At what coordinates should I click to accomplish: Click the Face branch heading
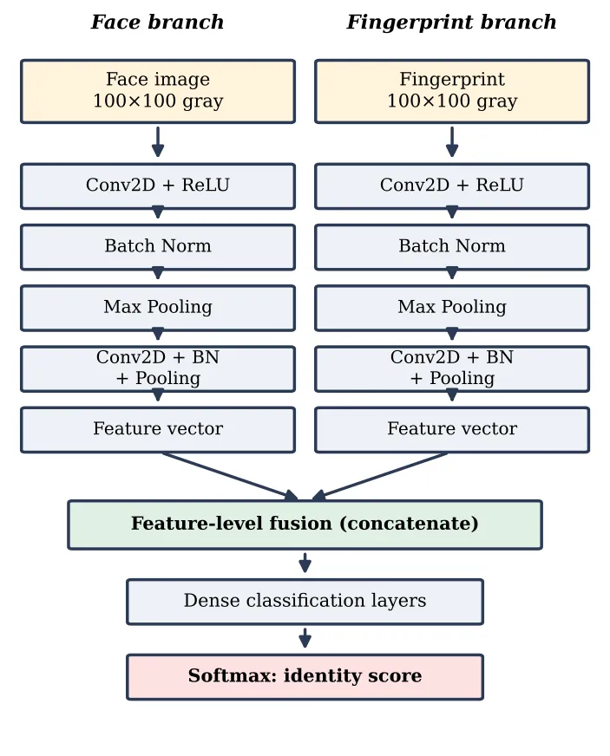point(157,23)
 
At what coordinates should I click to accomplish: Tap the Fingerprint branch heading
point(452,23)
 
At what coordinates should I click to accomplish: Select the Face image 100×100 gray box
point(158,91)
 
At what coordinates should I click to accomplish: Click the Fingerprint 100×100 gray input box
point(452,91)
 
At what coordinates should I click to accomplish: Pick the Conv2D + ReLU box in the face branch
point(158,186)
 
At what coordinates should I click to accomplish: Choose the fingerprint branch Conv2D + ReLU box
point(452,186)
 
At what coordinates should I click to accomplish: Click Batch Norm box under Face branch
point(158,247)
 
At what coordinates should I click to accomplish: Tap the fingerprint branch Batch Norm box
point(452,247)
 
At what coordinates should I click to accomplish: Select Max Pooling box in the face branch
point(158,308)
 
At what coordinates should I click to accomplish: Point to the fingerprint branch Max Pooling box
point(452,308)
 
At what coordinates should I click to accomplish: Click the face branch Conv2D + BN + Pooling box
point(158,368)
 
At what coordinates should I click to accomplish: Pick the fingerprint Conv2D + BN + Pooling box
point(452,368)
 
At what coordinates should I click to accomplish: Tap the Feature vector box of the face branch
point(158,430)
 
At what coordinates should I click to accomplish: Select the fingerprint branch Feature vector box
point(452,430)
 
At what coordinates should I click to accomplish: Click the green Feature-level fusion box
point(305,525)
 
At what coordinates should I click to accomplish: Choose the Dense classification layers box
point(305,602)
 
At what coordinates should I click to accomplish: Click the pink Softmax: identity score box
point(305,677)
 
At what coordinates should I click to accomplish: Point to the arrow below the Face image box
point(158,142)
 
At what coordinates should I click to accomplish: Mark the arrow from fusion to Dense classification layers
point(305,563)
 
